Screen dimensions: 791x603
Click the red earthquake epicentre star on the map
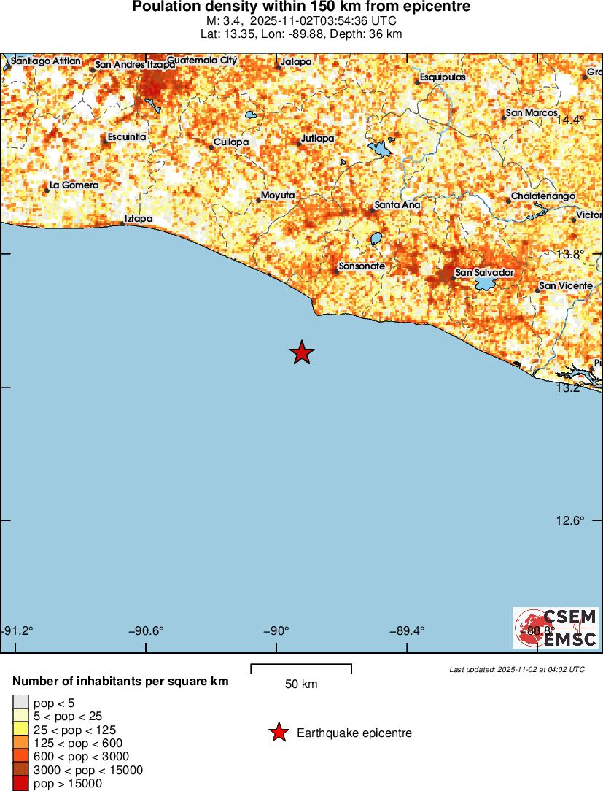[302, 352]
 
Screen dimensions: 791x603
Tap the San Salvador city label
[484, 273]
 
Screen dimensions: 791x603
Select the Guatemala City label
[202, 61]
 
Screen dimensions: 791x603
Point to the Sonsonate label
[362, 266]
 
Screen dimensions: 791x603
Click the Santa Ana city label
[397, 205]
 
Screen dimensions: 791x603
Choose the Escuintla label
[127, 137]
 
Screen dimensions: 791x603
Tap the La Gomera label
[74, 185]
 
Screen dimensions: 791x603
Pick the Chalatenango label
[543, 197]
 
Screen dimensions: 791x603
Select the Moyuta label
[278, 196]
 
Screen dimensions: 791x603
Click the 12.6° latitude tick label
[570, 520]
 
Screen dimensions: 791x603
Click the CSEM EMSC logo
[556, 628]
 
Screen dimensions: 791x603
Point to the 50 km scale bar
[301, 668]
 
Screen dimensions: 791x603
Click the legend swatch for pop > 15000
[20, 784]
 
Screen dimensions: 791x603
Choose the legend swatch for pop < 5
[20, 703]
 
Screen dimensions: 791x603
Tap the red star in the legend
[279, 733]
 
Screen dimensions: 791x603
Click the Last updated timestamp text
[517, 669]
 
